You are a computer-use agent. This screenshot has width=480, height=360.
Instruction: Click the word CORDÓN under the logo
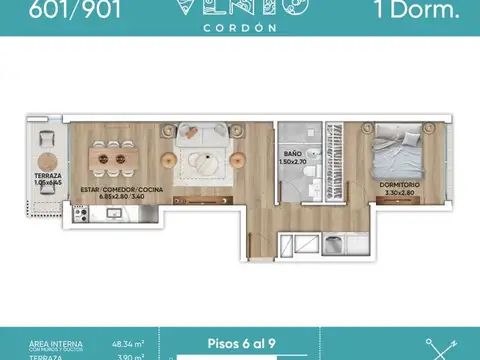[x=239, y=28]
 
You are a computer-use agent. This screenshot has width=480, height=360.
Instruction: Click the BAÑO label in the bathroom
[x=297, y=153]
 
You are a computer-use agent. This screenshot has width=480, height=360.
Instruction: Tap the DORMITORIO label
[x=399, y=185]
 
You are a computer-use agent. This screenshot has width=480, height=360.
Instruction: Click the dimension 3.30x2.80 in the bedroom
[x=399, y=193]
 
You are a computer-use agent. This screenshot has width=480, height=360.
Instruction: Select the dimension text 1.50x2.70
[x=297, y=161]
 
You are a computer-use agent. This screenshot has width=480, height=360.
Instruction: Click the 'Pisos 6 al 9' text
[x=240, y=341]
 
